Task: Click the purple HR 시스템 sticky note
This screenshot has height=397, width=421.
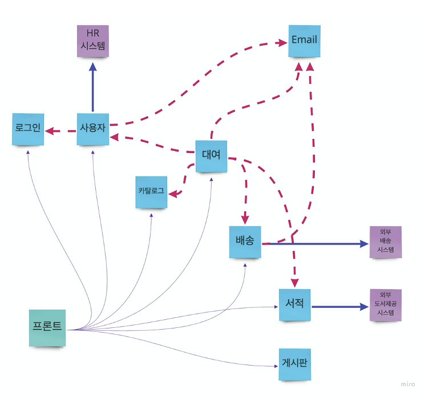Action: click(92, 41)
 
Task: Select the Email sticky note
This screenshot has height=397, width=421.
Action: click(304, 41)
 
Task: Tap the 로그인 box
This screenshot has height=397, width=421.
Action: click(28, 129)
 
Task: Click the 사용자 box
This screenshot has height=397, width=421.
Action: click(92, 129)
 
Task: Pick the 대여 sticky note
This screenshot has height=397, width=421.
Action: click(211, 156)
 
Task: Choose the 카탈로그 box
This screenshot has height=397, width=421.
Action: click(151, 192)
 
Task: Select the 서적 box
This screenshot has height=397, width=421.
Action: click(295, 305)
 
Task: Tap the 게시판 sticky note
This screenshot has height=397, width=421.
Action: click(295, 364)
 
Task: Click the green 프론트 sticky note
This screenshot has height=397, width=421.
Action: click(47, 328)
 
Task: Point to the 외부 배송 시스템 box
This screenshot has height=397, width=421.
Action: click(385, 242)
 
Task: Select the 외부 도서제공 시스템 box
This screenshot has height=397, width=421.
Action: click(385, 305)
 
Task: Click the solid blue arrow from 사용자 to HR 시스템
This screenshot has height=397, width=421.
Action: click(92, 89)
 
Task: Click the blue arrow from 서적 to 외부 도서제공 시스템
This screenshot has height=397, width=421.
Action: click(339, 307)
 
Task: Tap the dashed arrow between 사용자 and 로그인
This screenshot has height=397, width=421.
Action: click(60, 131)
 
